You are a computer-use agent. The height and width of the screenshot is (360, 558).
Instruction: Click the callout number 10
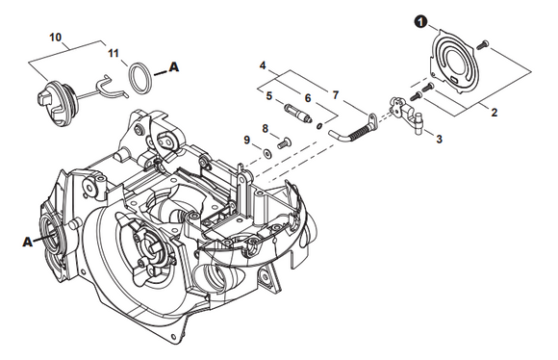55,37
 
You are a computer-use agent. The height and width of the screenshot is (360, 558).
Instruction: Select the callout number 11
114,53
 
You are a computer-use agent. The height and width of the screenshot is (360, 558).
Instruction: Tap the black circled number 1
420,22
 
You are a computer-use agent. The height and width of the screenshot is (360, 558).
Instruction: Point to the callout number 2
494,113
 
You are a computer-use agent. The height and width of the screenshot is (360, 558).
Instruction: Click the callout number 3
439,139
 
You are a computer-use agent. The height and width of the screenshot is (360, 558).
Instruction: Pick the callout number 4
263,65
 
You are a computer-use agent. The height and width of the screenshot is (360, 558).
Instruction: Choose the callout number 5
269,96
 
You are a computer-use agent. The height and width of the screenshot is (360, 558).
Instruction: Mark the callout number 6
308,98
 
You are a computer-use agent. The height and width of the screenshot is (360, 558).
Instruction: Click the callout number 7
336,95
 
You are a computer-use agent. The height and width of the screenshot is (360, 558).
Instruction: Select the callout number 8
266,129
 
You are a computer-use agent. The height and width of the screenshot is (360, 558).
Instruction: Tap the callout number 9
247,140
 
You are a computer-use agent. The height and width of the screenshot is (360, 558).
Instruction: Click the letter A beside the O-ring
174,66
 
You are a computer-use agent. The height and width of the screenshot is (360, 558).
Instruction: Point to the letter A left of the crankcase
27,243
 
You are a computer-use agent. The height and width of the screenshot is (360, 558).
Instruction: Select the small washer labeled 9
266,153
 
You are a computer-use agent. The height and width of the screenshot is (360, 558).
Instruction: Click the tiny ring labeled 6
319,126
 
